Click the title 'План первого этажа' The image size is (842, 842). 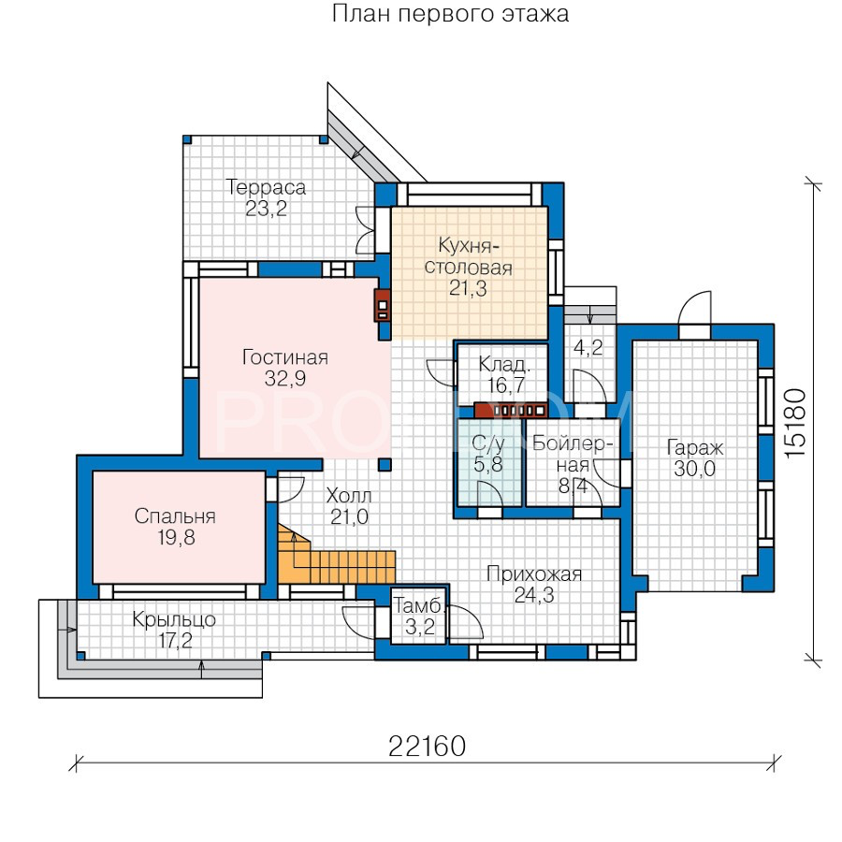[450, 13]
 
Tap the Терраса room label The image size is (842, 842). [266, 187]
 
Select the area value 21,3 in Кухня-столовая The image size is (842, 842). [468, 288]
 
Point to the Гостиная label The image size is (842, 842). [285, 357]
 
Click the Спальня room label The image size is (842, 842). [175, 516]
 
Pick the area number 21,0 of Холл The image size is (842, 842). [349, 516]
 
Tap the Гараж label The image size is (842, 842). [695, 447]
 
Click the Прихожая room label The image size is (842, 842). [534, 574]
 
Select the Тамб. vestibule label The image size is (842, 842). [419, 606]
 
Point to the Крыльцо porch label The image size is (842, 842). [174, 619]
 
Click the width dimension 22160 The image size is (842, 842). [427, 746]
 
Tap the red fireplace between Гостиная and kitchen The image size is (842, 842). [383, 306]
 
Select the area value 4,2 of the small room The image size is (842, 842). [588, 348]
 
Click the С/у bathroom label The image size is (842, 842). [488, 443]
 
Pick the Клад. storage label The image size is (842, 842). [503, 365]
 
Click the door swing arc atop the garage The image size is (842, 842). [694, 307]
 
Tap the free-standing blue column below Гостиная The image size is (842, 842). [384, 464]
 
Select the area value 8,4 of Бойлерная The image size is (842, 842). [573, 486]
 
